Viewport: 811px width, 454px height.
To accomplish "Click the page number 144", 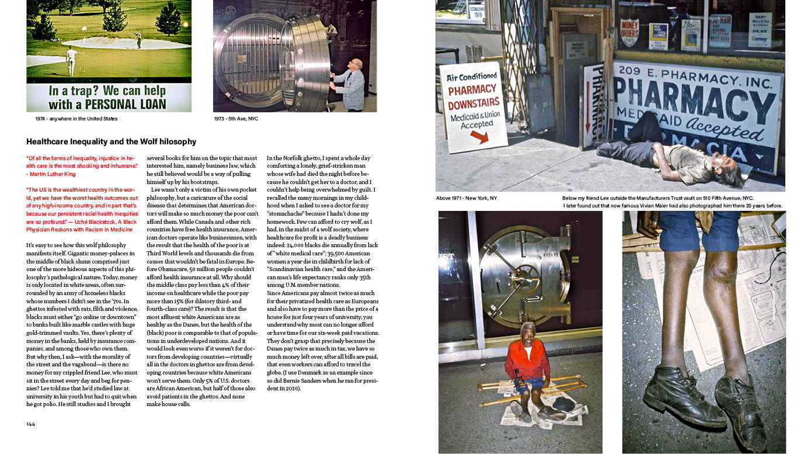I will click(x=30, y=424).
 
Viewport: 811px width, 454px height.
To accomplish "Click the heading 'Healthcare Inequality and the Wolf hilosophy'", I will click(x=111, y=142).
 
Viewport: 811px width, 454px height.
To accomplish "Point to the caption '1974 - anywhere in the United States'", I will click(x=76, y=119).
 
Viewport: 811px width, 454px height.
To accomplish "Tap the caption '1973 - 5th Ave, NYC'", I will click(x=236, y=119).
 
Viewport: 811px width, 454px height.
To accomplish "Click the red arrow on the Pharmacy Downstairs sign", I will click(x=479, y=137).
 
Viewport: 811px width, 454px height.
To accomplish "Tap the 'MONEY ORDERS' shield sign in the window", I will click(x=629, y=32).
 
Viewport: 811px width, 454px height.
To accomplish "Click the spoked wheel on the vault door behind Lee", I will click(x=526, y=275).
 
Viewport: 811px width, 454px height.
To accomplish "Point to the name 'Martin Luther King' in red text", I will click(x=52, y=174).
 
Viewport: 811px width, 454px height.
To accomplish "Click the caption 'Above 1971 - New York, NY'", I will click(x=467, y=198).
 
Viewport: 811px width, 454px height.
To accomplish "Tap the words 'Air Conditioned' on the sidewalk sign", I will click(x=472, y=77).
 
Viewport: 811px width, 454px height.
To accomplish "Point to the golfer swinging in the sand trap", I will click(x=138, y=40).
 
